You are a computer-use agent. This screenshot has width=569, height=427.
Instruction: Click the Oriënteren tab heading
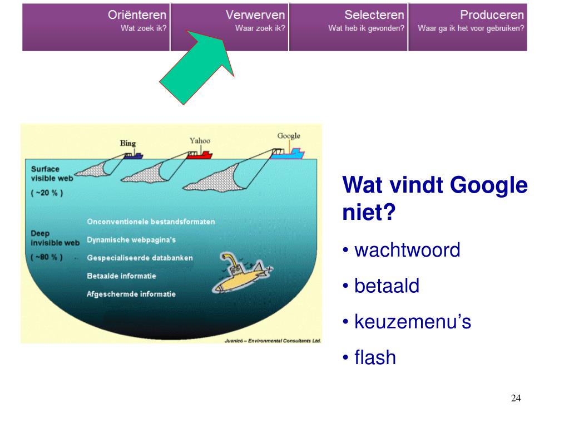(x=137, y=15)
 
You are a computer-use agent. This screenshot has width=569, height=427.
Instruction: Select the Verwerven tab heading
(x=255, y=15)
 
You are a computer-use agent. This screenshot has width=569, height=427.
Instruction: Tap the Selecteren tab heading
(x=374, y=15)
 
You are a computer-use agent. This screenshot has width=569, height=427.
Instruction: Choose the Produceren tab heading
(x=492, y=15)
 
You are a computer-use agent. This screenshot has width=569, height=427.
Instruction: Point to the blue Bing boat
(x=133, y=156)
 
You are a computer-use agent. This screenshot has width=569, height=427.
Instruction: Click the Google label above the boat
(x=289, y=136)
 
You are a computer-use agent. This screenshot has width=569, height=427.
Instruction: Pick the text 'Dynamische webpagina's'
(x=131, y=240)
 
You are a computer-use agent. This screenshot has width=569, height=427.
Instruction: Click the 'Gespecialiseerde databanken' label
(x=140, y=258)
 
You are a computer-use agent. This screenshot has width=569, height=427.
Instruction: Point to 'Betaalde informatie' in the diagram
(x=122, y=276)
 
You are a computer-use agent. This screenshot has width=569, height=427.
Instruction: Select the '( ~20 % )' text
(x=47, y=193)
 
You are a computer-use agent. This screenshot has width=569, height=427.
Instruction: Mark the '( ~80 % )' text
(x=47, y=257)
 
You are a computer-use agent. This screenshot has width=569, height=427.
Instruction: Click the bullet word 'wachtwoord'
(x=407, y=251)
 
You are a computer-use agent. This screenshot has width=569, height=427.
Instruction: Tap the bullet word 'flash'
(x=375, y=357)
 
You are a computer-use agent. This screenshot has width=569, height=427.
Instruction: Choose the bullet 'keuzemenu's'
(x=413, y=322)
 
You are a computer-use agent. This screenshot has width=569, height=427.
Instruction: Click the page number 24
(x=516, y=397)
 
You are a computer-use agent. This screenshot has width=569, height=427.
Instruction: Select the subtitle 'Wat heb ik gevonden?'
(x=366, y=28)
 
